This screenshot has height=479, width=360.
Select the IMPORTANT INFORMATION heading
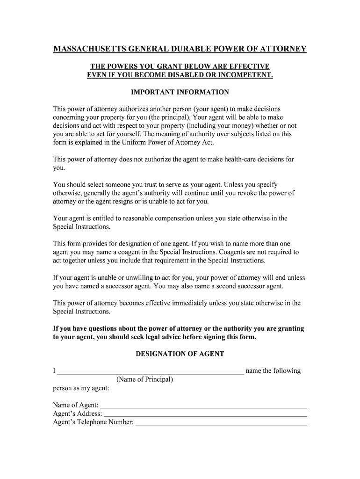(180, 92)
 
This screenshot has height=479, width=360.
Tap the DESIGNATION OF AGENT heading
(180, 354)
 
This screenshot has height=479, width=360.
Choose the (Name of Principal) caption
(145, 379)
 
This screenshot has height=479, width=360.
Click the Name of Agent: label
(76, 405)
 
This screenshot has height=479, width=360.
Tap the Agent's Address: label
(78, 414)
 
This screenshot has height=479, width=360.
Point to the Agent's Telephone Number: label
(94, 422)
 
